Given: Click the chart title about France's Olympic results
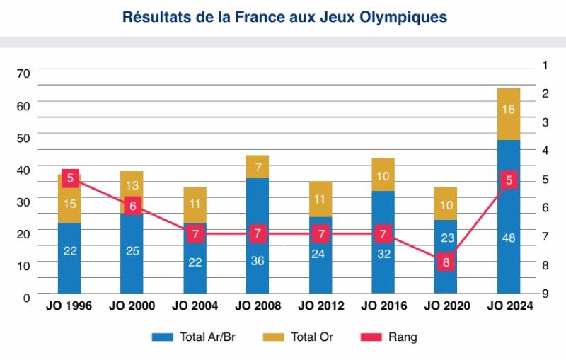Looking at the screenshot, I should [x=284, y=17].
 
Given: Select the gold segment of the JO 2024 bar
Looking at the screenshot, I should [x=509, y=114].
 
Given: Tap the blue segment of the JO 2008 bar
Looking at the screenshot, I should [x=258, y=235].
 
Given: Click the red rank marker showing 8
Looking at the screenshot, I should [x=446, y=262].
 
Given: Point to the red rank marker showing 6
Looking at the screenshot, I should [x=132, y=207].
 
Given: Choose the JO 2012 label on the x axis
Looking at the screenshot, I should [x=320, y=306].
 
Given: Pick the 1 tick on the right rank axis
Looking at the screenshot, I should [x=545, y=65].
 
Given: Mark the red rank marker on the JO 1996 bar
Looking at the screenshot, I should [x=69, y=178].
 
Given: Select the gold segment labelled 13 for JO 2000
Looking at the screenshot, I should [x=132, y=185].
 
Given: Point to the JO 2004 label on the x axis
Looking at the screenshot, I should [x=195, y=306].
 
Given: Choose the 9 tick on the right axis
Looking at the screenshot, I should [x=545, y=294].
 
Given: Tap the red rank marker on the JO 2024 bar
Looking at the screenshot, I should [x=509, y=180].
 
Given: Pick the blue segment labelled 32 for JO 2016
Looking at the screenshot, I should [x=383, y=253].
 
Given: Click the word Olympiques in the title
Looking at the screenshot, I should [x=405, y=17].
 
